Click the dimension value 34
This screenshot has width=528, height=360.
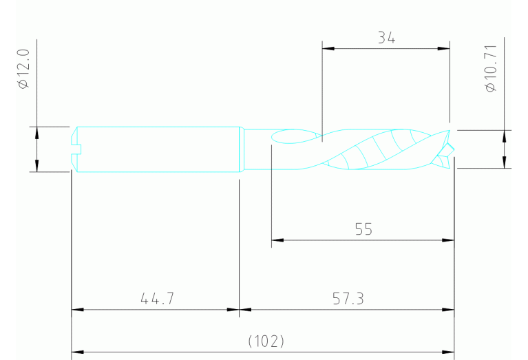(x=386, y=39)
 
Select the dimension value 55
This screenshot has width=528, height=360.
(x=364, y=230)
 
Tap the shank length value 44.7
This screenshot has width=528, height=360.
(x=156, y=299)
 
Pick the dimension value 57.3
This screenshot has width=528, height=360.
(x=348, y=299)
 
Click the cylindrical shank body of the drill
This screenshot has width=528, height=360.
(x=158, y=149)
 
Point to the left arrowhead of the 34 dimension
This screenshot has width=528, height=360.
(x=327, y=49)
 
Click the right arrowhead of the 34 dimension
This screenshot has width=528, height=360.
(x=445, y=49)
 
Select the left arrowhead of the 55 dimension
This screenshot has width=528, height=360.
(x=277, y=240)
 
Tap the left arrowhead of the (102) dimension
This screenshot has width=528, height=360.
(x=77, y=352)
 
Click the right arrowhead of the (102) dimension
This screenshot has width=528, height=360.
(x=450, y=352)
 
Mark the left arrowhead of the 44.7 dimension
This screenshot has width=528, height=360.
(x=77, y=310)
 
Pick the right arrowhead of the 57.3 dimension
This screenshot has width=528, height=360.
(x=450, y=310)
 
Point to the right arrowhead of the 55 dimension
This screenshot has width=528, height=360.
(x=450, y=240)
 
